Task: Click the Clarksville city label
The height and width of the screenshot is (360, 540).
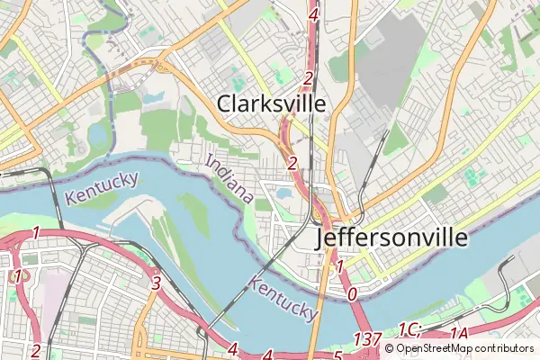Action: (x=271, y=103)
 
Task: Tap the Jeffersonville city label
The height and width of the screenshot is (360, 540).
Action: (x=392, y=238)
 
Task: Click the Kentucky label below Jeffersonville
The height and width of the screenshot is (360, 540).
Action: (x=284, y=300)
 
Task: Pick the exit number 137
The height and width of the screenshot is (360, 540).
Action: (x=368, y=339)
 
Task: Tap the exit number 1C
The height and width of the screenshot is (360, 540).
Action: (x=409, y=329)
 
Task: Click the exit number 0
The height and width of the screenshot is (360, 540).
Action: (x=352, y=293)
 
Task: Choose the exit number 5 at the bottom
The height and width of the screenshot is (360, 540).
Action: (x=337, y=355)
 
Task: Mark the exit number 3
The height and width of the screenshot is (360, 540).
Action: (x=157, y=283)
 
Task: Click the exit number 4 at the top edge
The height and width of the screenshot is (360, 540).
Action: (x=312, y=14)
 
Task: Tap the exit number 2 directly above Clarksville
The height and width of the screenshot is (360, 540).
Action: (x=308, y=79)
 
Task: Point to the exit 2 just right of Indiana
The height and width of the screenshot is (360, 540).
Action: (x=292, y=163)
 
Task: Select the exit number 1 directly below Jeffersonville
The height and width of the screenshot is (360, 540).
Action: (x=339, y=266)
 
